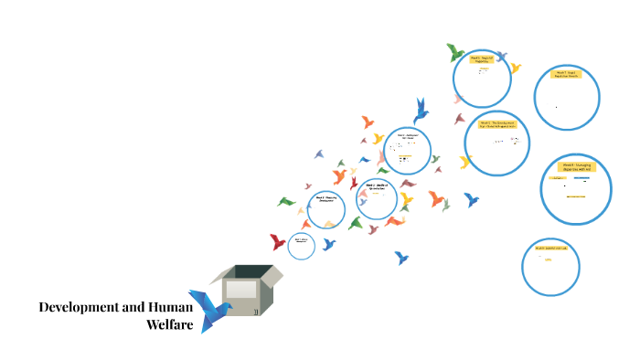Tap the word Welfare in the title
(170, 324)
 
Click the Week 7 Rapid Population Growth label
(567, 74)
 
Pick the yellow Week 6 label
(482, 59)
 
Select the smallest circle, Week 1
(302, 244)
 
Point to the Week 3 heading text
(377, 186)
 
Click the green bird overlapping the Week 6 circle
(456, 51)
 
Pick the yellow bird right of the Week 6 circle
(516, 68)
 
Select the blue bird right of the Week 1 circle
(329, 244)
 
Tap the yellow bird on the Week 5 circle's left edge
(465, 163)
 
